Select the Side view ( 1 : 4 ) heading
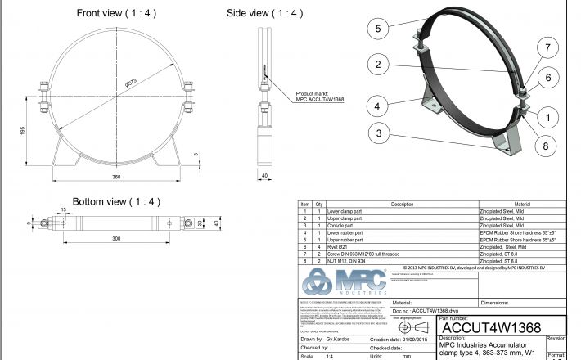point(264,13)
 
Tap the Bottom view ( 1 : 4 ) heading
point(116,201)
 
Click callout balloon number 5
point(378,29)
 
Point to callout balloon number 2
point(377,65)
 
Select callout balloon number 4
point(377,105)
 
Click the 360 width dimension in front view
point(117,177)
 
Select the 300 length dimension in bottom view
point(117,238)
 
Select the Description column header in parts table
point(402,205)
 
